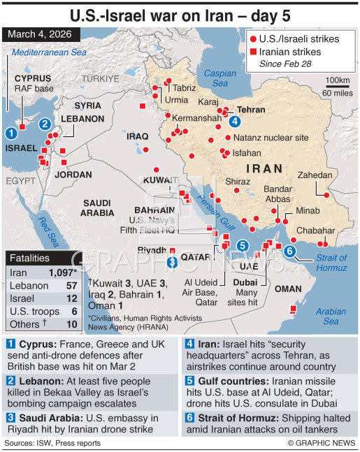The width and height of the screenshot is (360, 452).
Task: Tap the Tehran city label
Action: pos(251,110)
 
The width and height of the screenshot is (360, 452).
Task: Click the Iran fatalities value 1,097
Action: pos(61,272)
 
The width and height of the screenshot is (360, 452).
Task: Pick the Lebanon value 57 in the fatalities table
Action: pos(71,286)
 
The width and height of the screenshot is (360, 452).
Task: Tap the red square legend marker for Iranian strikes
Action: pos(254,51)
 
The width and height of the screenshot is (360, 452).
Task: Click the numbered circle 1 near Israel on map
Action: pos(11,132)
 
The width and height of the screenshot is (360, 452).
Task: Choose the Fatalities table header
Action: pos(30,258)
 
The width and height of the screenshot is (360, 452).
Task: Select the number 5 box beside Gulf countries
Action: pos(190,380)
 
